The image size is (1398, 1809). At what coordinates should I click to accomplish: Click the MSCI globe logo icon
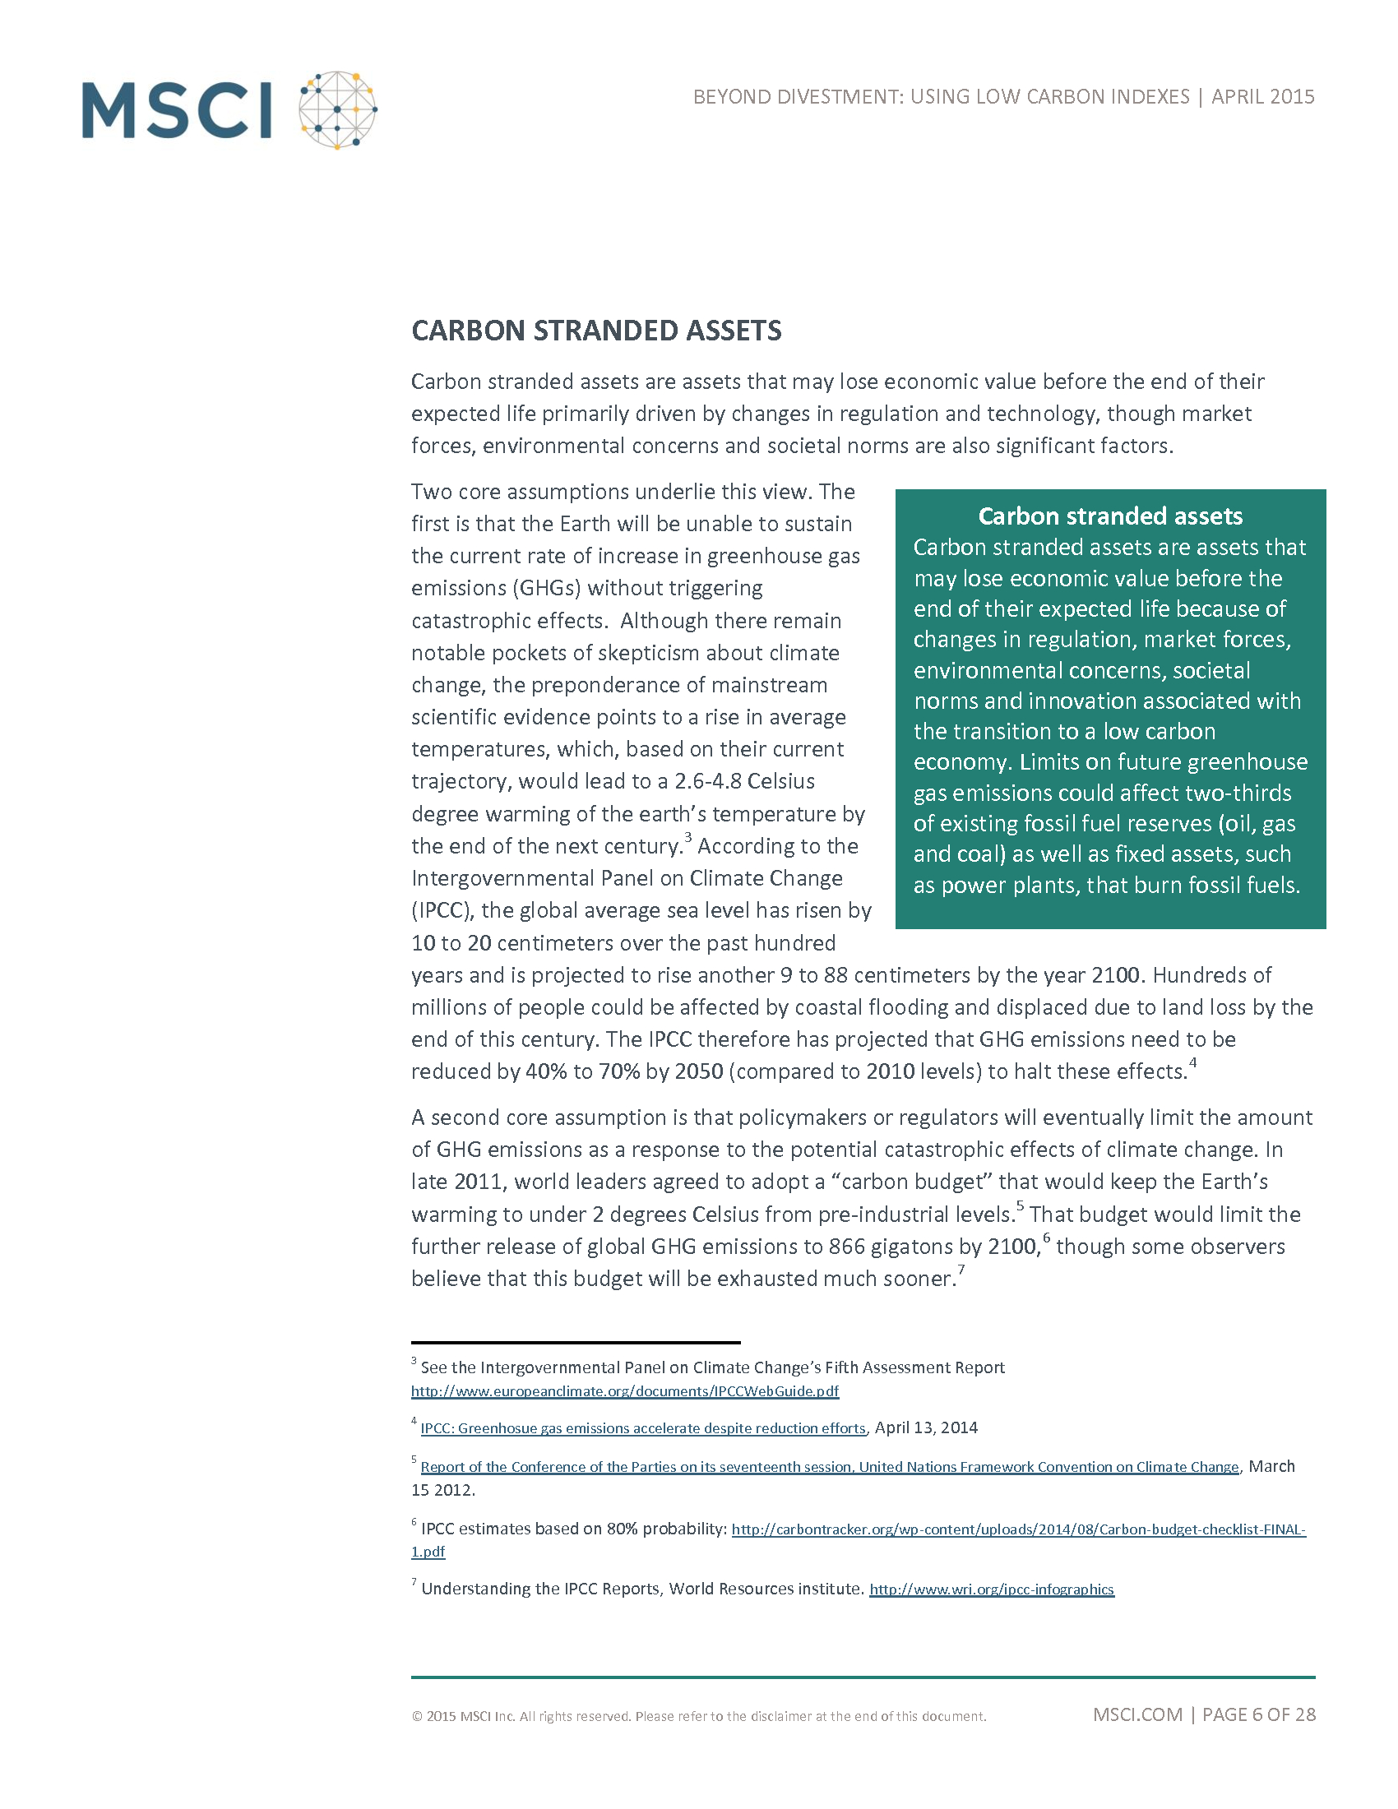(x=337, y=109)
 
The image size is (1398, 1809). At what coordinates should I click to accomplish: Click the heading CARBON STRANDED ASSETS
(x=596, y=331)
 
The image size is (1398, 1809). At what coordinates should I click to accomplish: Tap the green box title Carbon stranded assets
(x=1110, y=516)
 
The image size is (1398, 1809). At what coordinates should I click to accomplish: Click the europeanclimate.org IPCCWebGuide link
(x=624, y=1391)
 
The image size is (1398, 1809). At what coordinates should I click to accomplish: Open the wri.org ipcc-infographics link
(x=992, y=1589)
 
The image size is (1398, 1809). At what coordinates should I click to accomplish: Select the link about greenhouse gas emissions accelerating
(x=643, y=1428)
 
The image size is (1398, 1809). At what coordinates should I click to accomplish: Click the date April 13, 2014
(x=926, y=1427)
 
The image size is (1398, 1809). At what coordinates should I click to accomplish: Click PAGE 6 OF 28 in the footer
(x=1259, y=1714)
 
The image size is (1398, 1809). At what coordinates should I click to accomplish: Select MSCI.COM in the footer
(x=1137, y=1714)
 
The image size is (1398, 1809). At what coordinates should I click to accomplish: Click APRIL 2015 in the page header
(x=1263, y=97)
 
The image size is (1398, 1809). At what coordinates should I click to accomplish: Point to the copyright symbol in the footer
(x=417, y=1716)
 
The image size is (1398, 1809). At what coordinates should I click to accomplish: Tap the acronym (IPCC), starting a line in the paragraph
(x=442, y=910)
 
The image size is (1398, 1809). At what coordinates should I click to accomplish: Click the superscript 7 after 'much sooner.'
(x=961, y=1270)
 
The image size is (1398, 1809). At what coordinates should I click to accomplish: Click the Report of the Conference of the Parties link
(x=829, y=1467)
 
